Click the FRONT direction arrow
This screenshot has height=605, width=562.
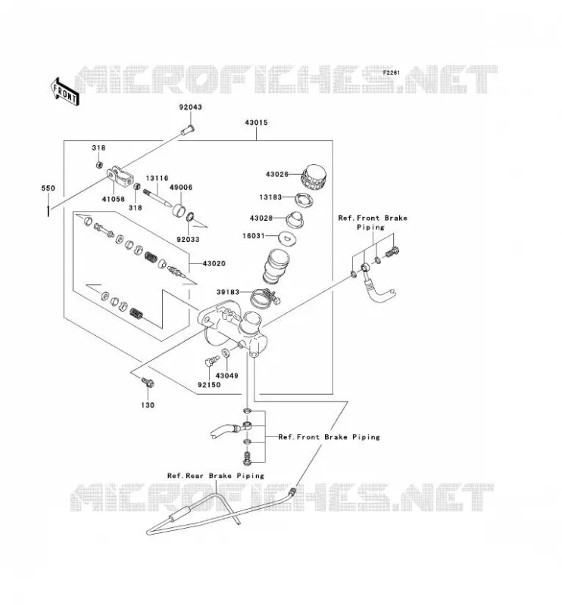point(65,92)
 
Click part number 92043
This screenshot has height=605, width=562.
point(190,107)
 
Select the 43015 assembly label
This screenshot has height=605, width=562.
point(256,123)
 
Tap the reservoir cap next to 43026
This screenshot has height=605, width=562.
point(314,178)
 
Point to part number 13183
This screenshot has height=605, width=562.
point(270,197)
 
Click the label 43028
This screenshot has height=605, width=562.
point(261,218)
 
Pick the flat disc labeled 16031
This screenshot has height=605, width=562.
point(287,237)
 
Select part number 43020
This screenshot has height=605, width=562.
point(214,263)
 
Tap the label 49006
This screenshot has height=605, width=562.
point(181,187)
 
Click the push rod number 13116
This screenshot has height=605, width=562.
point(157,178)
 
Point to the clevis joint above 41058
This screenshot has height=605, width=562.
point(120,176)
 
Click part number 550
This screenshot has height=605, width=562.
point(48,188)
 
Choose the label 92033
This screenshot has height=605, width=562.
point(188,239)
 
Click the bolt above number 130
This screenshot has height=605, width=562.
point(148,383)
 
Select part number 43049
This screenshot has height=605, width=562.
point(227,375)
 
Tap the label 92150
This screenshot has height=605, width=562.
point(209,385)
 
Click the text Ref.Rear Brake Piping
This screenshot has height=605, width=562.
point(216,476)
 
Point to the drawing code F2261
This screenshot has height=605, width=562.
point(392,73)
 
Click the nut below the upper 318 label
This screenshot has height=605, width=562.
point(99,165)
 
